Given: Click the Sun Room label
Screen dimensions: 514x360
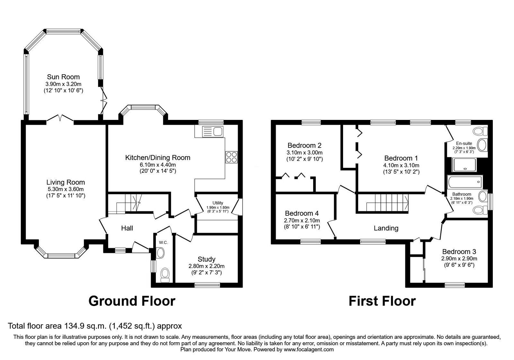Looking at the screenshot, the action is [x=63, y=77].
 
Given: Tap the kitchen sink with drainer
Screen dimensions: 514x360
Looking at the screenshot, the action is [x=212, y=131].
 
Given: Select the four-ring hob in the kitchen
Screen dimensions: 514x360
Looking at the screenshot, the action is [x=231, y=157].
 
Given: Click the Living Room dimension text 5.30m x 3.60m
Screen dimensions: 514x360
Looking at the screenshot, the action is [x=66, y=189].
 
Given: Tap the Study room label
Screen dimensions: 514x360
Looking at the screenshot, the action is [x=207, y=259].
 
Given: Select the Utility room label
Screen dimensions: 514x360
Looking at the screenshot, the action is [x=218, y=203].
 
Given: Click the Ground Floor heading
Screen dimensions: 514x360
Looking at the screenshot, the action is [x=132, y=301].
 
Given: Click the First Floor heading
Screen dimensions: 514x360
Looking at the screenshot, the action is [x=382, y=301].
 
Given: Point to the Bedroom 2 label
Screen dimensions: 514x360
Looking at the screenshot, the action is [x=305, y=145].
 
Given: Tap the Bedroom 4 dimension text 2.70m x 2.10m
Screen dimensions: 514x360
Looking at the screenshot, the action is [x=302, y=221].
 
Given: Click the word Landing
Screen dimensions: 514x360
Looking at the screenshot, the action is [x=386, y=228].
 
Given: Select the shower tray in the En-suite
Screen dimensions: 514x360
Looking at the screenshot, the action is [x=464, y=165].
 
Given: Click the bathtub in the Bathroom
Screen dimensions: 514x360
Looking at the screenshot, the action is [x=465, y=182].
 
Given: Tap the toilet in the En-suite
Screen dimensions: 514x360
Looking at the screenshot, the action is [x=480, y=131].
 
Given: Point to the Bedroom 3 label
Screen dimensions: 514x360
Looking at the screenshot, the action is [x=459, y=251].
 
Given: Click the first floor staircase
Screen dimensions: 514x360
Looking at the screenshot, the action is [x=387, y=203].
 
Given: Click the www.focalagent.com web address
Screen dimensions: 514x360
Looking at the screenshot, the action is [x=309, y=350].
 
